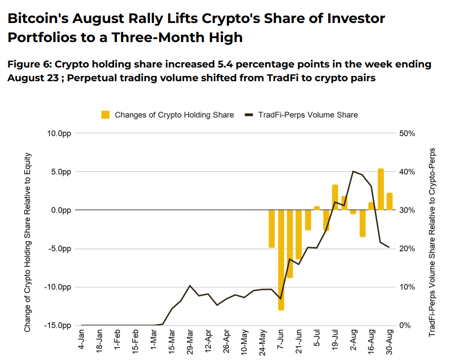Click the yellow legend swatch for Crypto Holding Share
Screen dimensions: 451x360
coord(105,115)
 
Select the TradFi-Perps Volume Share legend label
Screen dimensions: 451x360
coord(308,115)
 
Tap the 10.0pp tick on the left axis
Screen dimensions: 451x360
coord(59,134)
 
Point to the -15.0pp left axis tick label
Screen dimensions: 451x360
coord(58,325)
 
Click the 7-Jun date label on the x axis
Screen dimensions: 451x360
coord(280,339)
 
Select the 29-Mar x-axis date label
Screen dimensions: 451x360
coord(189,342)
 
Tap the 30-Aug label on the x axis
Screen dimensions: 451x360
coord(389,342)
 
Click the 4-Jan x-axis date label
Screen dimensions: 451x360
coord(81,339)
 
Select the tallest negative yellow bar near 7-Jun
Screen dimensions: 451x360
coord(281,260)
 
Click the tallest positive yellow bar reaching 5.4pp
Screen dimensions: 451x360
coord(381,189)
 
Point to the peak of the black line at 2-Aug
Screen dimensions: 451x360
coord(353,171)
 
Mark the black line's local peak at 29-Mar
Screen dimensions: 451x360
coord(190,286)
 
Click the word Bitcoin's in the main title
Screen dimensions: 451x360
coord(38,19)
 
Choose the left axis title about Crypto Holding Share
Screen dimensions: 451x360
coord(27,243)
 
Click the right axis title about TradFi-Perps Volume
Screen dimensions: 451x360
coord(432,243)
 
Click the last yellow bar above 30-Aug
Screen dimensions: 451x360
coord(389,202)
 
